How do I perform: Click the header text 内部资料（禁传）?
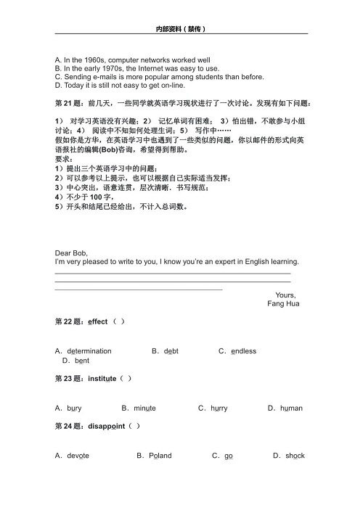181,30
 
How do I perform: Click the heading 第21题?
68,103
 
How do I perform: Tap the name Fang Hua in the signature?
282,303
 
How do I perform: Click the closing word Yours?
285,295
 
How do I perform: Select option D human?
289,408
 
